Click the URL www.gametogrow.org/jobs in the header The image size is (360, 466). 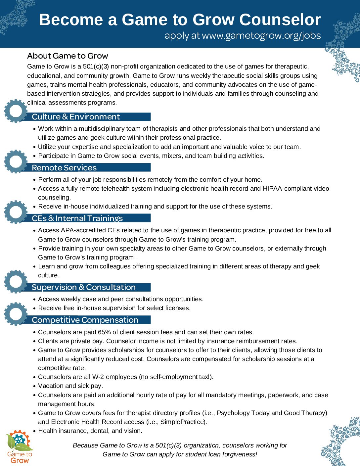261,36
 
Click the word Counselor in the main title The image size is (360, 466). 280,20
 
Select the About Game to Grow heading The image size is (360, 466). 67,56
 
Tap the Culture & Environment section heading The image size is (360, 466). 76,117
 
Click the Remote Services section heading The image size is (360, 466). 64,168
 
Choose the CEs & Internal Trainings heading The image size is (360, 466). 77,218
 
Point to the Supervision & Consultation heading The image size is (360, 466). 84,287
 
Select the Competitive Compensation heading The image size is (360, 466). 85,320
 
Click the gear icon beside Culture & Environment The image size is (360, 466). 16,111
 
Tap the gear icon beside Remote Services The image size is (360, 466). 16,162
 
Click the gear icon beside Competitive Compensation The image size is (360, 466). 16,313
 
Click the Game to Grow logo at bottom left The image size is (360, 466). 20,447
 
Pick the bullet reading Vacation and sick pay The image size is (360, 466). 70,386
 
